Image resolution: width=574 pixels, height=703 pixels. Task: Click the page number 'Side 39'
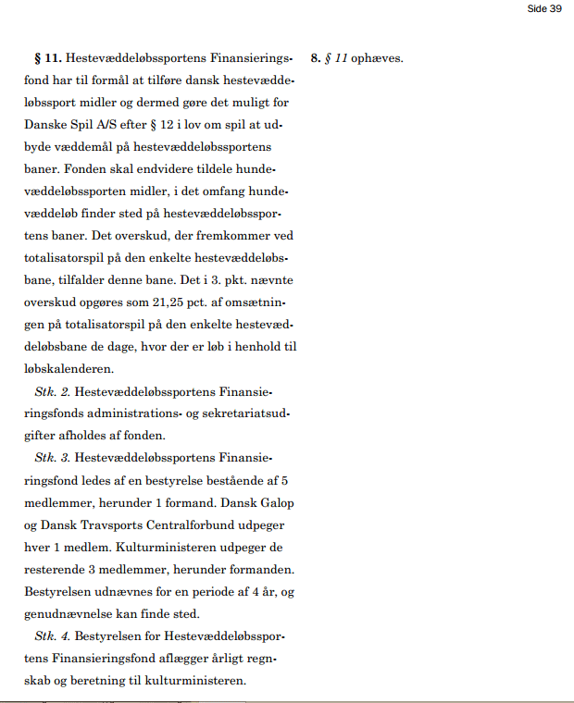pos(544,8)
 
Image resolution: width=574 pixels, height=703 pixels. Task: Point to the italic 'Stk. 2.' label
pos(52,391)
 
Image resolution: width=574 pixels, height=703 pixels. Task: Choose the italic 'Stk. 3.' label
pos(52,458)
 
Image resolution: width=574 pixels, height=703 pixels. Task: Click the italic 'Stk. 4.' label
pos(52,637)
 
